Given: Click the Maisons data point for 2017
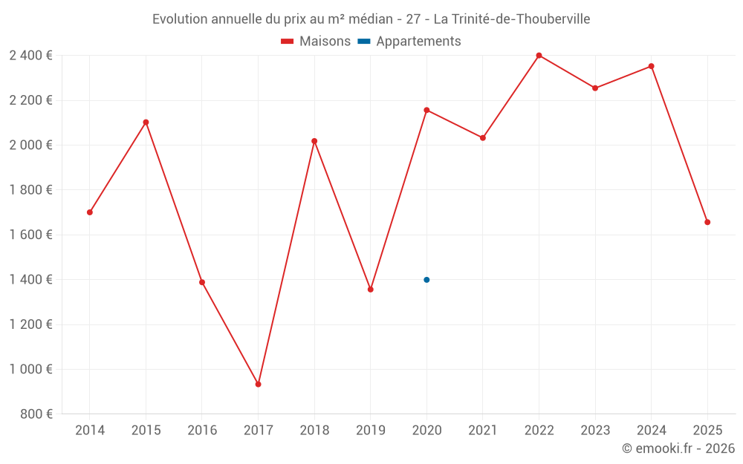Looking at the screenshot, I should click(x=258, y=384).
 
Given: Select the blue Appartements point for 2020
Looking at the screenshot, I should click(x=426, y=280).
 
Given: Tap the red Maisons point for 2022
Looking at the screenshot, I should click(x=539, y=56).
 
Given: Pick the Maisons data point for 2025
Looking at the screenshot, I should click(x=707, y=222).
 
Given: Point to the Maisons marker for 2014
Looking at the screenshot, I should click(x=90, y=212).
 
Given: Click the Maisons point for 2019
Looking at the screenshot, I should click(x=370, y=290).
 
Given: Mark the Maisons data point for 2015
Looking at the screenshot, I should click(x=146, y=122).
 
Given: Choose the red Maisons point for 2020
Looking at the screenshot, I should click(x=426, y=110).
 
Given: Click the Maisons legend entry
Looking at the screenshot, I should click(x=316, y=42).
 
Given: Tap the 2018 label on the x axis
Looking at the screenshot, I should click(x=314, y=430).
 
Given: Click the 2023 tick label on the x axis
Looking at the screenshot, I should click(x=595, y=430).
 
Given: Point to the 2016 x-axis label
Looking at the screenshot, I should click(x=202, y=430).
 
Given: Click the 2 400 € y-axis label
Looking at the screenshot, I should click(x=30, y=56).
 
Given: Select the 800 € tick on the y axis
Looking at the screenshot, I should click(x=35, y=414).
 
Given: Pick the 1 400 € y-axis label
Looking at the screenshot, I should click(x=30, y=280).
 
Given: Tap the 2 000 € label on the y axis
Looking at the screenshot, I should click(x=30, y=146).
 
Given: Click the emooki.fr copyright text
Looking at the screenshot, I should click(x=678, y=448).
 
